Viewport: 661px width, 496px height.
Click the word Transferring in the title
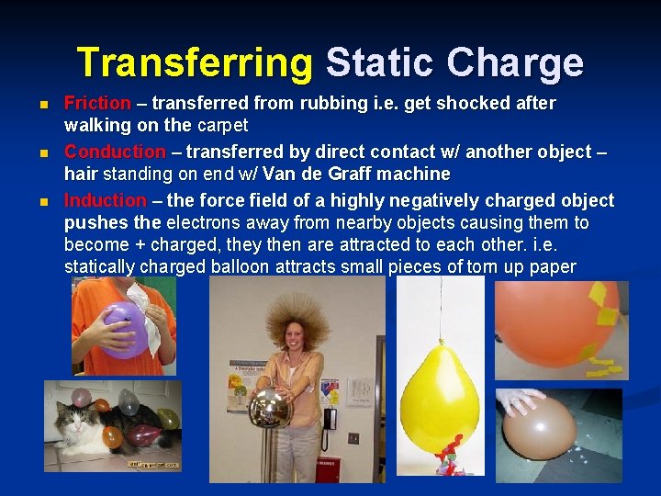tap(195, 62)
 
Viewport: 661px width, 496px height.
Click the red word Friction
tap(97, 104)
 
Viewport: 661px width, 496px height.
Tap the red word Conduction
tap(115, 152)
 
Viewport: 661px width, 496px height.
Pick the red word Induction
tap(105, 200)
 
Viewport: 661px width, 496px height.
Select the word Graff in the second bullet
tap(325, 175)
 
